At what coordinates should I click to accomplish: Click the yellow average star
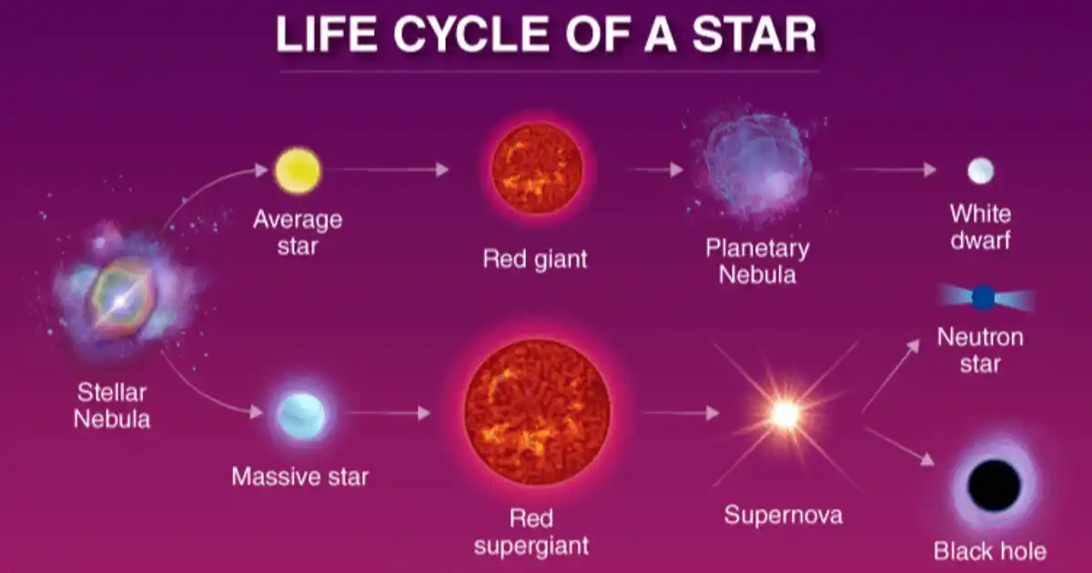pos(298,171)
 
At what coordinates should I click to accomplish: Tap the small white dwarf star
pos(980,171)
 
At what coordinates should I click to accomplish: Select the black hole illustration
pos(994,486)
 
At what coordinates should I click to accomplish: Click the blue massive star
pos(301,415)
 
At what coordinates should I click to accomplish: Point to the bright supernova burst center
pos(784,415)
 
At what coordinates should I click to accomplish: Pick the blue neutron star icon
pos(985,297)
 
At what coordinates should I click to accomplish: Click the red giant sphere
pos(537,168)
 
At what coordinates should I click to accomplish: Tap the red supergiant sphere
pos(537,412)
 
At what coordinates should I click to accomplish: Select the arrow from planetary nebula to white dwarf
pos(890,169)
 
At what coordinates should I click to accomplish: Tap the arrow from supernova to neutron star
pos(892,376)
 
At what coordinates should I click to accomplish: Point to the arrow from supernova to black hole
pos(899,446)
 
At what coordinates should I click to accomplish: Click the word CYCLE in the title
pos(471,35)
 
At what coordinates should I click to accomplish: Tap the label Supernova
pos(784,515)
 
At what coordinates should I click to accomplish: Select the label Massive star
pos(300,477)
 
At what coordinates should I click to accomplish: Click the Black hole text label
pos(990,551)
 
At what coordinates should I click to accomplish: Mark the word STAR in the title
pos(754,35)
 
